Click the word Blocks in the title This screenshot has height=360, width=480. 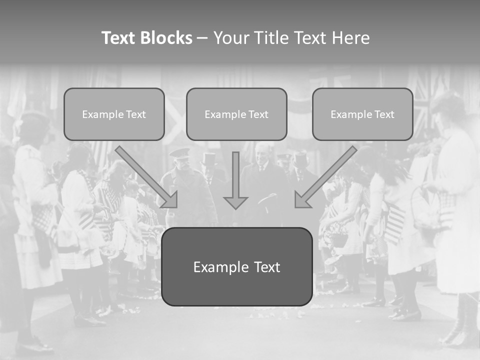tap(166, 38)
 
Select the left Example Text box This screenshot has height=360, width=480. tap(114, 114)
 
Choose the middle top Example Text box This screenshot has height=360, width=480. tap(236, 114)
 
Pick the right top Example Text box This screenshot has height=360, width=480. tap(362, 114)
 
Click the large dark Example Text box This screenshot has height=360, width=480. tap(236, 267)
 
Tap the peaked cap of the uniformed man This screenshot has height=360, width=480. tap(179, 152)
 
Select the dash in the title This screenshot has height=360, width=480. tap(202, 38)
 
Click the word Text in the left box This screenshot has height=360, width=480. tap(135, 114)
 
